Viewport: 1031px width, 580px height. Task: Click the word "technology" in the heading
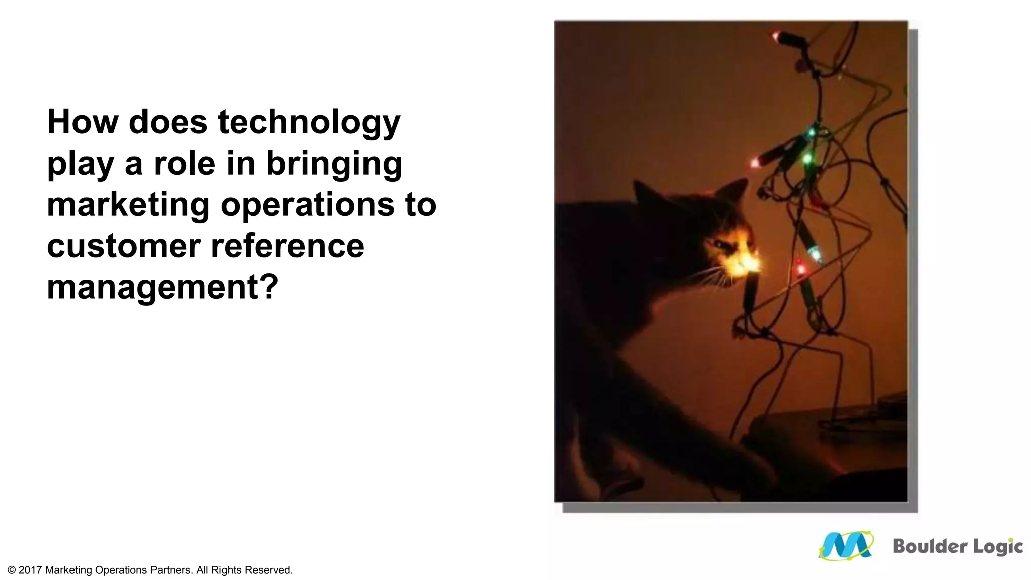(309, 122)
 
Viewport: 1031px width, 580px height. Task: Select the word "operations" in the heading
(308, 205)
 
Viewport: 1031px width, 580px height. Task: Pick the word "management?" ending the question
(163, 287)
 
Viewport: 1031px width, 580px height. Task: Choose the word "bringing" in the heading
(334, 164)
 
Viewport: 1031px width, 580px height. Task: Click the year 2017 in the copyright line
(30, 570)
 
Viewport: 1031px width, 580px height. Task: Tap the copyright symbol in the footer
(12, 570)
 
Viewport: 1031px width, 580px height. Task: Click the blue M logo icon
(846, 546)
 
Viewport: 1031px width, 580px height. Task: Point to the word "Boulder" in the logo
(923, 546)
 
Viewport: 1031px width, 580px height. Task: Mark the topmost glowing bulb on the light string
(776, 36)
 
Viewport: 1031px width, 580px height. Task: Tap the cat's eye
(723, 245)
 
